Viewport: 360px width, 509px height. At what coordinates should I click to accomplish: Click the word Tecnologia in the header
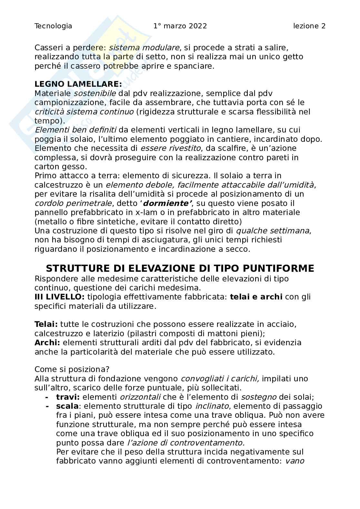(53, 26)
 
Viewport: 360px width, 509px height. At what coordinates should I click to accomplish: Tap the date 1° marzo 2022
(180, 26)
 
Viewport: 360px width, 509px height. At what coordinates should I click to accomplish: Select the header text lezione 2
(309, 26)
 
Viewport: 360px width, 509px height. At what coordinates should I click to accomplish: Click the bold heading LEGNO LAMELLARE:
(78, 84)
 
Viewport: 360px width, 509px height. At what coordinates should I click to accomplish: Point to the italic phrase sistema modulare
(144, 48)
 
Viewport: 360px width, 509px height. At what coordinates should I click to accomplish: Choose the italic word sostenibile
(95, 93)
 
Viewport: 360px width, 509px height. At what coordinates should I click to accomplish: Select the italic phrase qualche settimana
(273, 231)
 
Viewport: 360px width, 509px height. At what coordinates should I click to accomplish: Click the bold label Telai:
(46, 324)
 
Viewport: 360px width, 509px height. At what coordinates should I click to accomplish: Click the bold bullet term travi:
(68, 397)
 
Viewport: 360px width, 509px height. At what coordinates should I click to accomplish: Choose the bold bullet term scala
(67, 406)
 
